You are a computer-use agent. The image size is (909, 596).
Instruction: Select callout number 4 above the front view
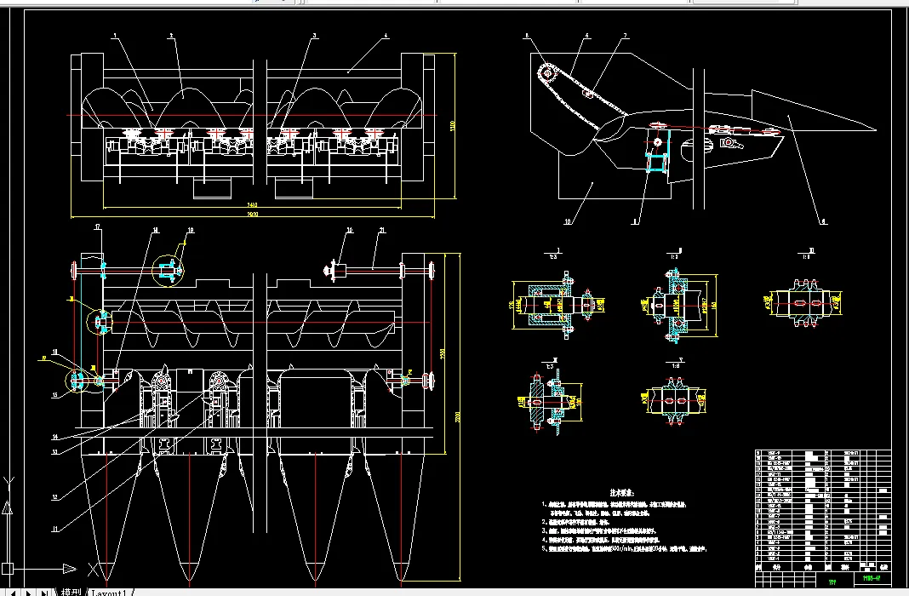[x=386, y=37]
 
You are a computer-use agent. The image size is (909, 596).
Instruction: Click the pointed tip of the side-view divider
[x=874, y=129]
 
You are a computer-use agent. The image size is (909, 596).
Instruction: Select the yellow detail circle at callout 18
[x=167, y=271]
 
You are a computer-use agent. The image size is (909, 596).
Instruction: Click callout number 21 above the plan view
[x=383, y=231]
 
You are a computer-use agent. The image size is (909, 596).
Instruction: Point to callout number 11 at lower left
[x=55, y=529]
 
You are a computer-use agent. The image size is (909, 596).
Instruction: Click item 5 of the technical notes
[x=630, y=549]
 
